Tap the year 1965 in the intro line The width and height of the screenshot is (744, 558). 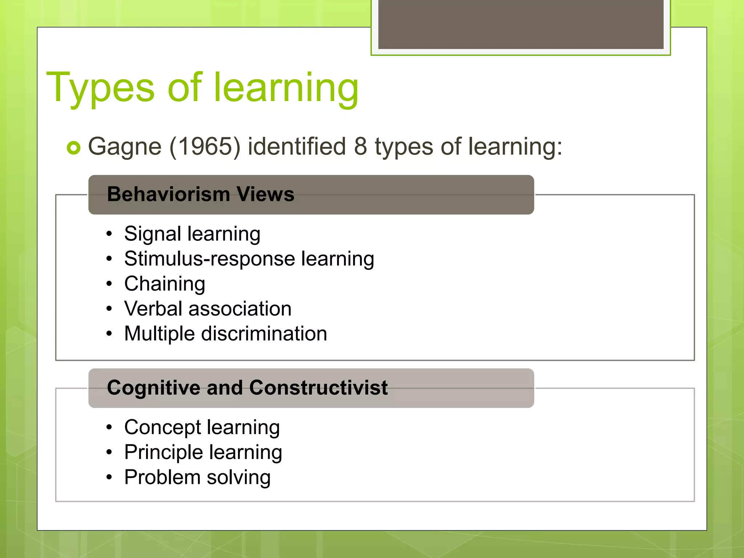pyautogui.click(x=205, y=146)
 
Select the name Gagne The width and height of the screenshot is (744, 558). pyautogui.click(x=125, y=147)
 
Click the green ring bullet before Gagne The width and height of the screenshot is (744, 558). pyautogui.click(x=73, y=147)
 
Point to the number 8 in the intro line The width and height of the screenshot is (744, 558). pyautogui.click(x=360, y=146)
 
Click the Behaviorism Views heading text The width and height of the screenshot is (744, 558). pyautogui.click(x=201, y=194)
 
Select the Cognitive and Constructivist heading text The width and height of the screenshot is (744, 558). pyautogui.click(x=247, y=388)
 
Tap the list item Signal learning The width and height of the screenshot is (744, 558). pyautogui.click(x=192, y=234)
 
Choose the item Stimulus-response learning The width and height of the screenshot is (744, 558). pyautogui.click(x=249, y=259)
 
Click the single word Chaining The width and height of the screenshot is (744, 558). pyautogui.click(x=165, y=284)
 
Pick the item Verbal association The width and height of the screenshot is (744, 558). pyautogui.click(x=208, y=309)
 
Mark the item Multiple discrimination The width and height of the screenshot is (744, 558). pyautogui.click(x=226, y=334)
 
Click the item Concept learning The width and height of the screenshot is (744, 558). pyautogui.click(x=202, y=428)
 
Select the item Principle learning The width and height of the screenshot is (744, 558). pyautogui.click(x=203, y=453)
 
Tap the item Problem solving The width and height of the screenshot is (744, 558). pyautogui.click(x=197, y=478)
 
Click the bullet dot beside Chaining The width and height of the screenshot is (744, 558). pyautogui.click(x=109, y=284)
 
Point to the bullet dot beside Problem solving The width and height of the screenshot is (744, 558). pyautogui.click(x=109, y=477)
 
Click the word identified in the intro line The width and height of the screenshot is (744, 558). pyautogui.click(x=297, y=146)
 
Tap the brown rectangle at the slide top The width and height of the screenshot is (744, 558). pyautogui.click(x=521, y=24)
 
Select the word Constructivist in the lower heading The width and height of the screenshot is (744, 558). pyautogui.click(x=318, y=388)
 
